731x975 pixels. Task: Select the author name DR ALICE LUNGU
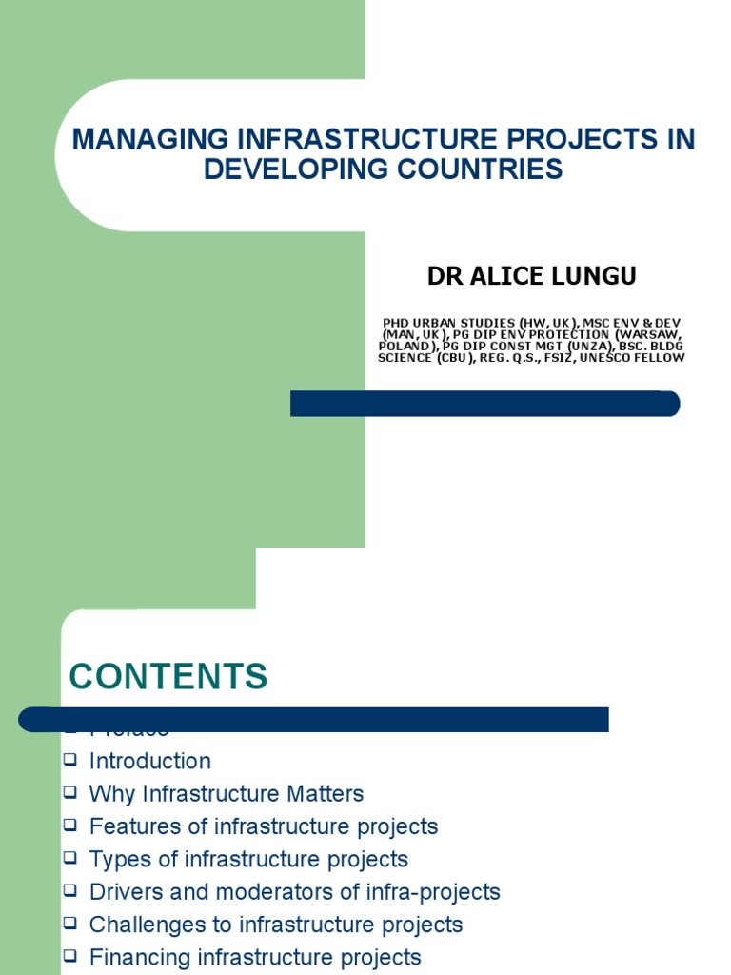[x=531, y=277]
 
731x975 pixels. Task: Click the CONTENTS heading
[x=168, y=677]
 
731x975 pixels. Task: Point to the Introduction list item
[x=149, y=762]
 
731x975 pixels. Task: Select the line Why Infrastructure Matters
[x=226, y=794]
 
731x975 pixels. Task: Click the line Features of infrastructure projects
[x=263, y=826]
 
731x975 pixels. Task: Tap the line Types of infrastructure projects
[x=247, y=859]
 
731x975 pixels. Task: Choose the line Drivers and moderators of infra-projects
[x=294, y=892]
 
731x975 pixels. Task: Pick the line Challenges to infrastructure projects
[x=275, y=925]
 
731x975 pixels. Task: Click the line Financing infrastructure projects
[x=254, y=957]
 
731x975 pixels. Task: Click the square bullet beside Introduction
[x=69, y=760]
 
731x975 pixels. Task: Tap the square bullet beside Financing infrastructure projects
[x=69, y=955]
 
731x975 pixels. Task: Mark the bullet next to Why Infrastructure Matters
[x=69, y=792]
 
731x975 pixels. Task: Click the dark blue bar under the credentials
[x=484, y=404]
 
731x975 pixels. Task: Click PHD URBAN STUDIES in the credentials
[x=436, y=324]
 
